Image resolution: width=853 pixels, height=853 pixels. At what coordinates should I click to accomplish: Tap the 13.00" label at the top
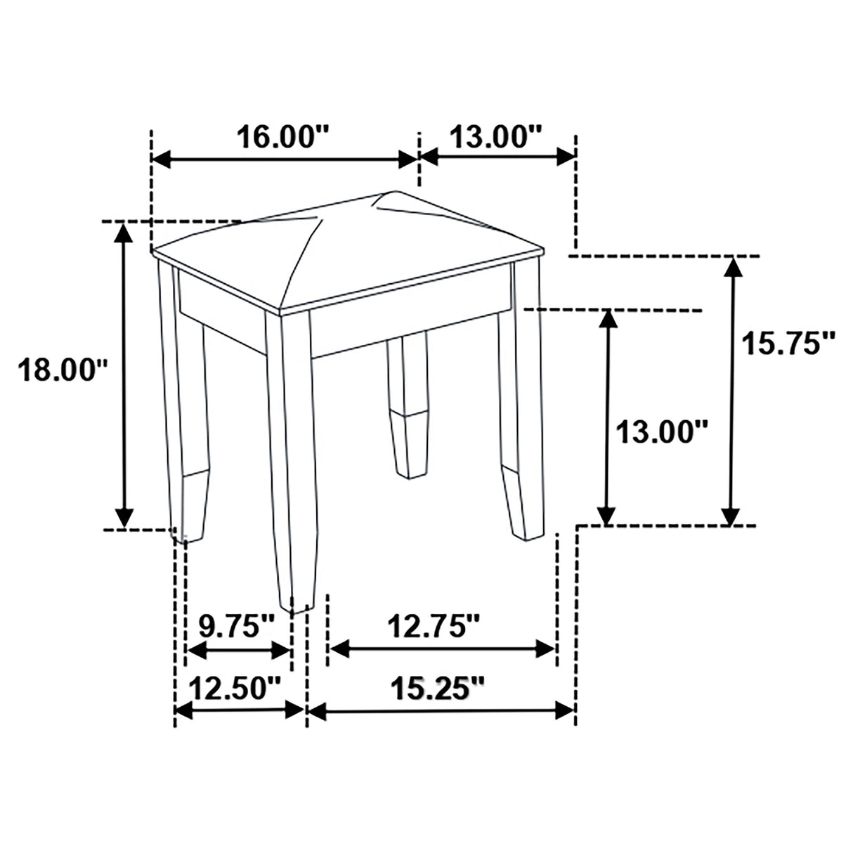point(496,136)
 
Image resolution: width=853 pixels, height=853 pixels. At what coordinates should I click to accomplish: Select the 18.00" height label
point(62,370)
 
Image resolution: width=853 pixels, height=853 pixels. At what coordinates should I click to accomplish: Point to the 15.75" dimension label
point(790,344)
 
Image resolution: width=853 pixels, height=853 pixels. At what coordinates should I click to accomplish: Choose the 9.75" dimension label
point(236,625)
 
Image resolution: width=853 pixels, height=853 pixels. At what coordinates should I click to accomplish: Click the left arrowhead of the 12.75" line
point(339,649)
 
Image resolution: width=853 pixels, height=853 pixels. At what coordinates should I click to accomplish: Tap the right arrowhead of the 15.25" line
point(565,710)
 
